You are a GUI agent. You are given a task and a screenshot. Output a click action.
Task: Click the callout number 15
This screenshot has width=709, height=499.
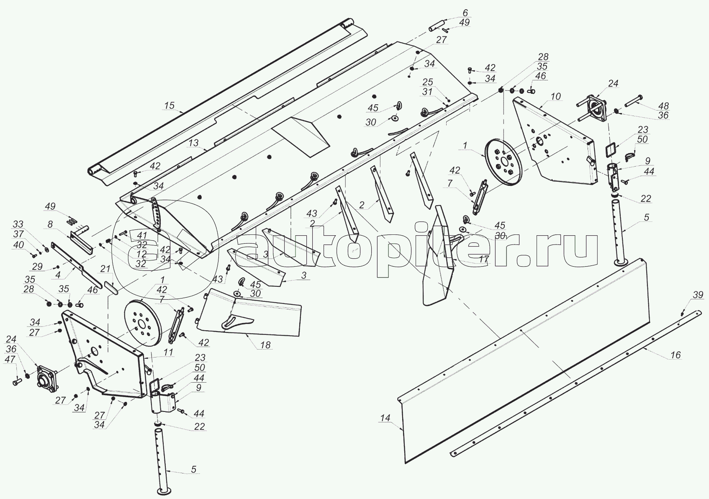click(170, 105)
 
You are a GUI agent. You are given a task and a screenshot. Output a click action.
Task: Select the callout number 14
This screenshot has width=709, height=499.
click(385, 418)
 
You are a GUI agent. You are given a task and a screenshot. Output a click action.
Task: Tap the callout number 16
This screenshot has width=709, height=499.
click(675, 355)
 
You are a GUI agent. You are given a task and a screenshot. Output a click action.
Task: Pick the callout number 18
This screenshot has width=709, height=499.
click(265, 345)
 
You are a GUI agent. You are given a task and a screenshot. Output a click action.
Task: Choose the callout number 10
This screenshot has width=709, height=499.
click(555, 97)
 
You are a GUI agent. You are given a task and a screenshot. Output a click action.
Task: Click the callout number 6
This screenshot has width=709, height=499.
click(465, 13)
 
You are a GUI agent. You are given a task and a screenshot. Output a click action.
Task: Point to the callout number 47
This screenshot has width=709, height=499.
click(10, 359)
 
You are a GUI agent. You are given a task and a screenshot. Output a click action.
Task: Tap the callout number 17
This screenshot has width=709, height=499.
click(483, 259)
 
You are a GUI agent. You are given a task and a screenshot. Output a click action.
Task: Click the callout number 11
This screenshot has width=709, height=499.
click(168, 352)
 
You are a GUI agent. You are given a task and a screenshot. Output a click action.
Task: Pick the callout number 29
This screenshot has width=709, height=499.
click(37, 267)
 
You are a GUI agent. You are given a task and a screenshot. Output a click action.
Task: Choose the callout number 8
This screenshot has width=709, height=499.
click(50, 224)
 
